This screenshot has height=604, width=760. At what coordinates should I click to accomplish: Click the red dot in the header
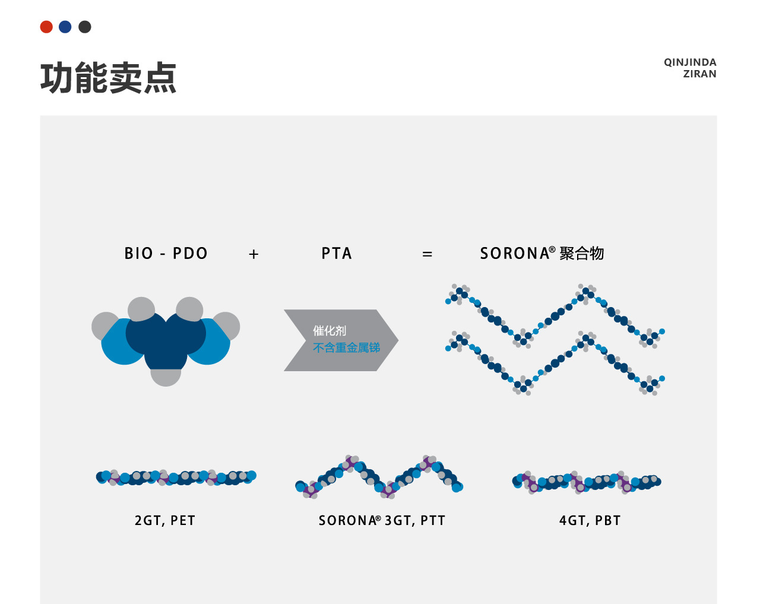click(46, 27)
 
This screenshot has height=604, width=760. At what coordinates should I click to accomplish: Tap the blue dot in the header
click(65, 27)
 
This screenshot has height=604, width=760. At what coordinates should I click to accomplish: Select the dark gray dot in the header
click(85, 27)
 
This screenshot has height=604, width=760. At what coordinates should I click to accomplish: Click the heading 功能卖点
click(108, 78)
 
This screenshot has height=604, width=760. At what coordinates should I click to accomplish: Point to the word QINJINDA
click(690, 62)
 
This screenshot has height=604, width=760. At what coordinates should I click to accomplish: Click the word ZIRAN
click(699, 74)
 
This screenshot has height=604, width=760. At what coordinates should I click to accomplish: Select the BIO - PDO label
click(166, 254)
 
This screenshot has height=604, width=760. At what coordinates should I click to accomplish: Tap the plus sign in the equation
click(254, 254)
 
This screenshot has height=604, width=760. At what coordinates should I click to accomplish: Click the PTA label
click(337, 254)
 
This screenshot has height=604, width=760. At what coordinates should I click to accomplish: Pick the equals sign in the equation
click(427, 254)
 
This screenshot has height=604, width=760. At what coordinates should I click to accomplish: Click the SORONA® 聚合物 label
click(541, 254)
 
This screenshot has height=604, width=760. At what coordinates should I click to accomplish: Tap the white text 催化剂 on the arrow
click(330, 331)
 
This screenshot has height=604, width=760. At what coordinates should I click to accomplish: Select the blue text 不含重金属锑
click(346, 347)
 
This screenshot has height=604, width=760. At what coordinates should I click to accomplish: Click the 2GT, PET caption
click(165, 521)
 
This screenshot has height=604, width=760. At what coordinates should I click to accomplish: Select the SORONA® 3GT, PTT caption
click(382, 521)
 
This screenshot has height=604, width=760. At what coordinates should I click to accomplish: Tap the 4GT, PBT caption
click(590, 521)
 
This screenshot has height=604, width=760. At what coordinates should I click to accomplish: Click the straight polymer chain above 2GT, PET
click(176, 477)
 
